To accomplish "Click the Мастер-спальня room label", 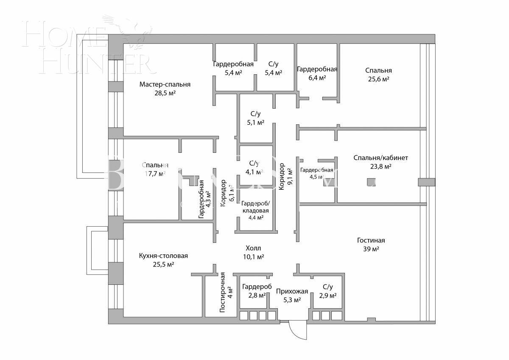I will tap(165, 84).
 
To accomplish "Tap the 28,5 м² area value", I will tap(165, 93).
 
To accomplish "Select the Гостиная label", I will tap(371, 240).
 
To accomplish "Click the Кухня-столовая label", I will tap(163, 256).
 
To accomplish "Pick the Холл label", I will tap(254, 248).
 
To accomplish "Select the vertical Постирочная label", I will tap(222, 292).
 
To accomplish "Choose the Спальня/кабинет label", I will tap(381, 157).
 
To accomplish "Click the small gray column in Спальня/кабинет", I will tap(371, 182).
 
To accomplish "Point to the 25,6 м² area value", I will tap(378, 79).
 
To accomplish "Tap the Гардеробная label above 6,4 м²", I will tap(317, 69).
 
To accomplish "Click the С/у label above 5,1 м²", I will tap(255, 113).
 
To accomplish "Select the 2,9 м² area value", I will tap(328, 295).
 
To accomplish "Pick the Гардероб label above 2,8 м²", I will tap(257, 287).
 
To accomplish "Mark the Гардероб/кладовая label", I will tap(255, 207).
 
